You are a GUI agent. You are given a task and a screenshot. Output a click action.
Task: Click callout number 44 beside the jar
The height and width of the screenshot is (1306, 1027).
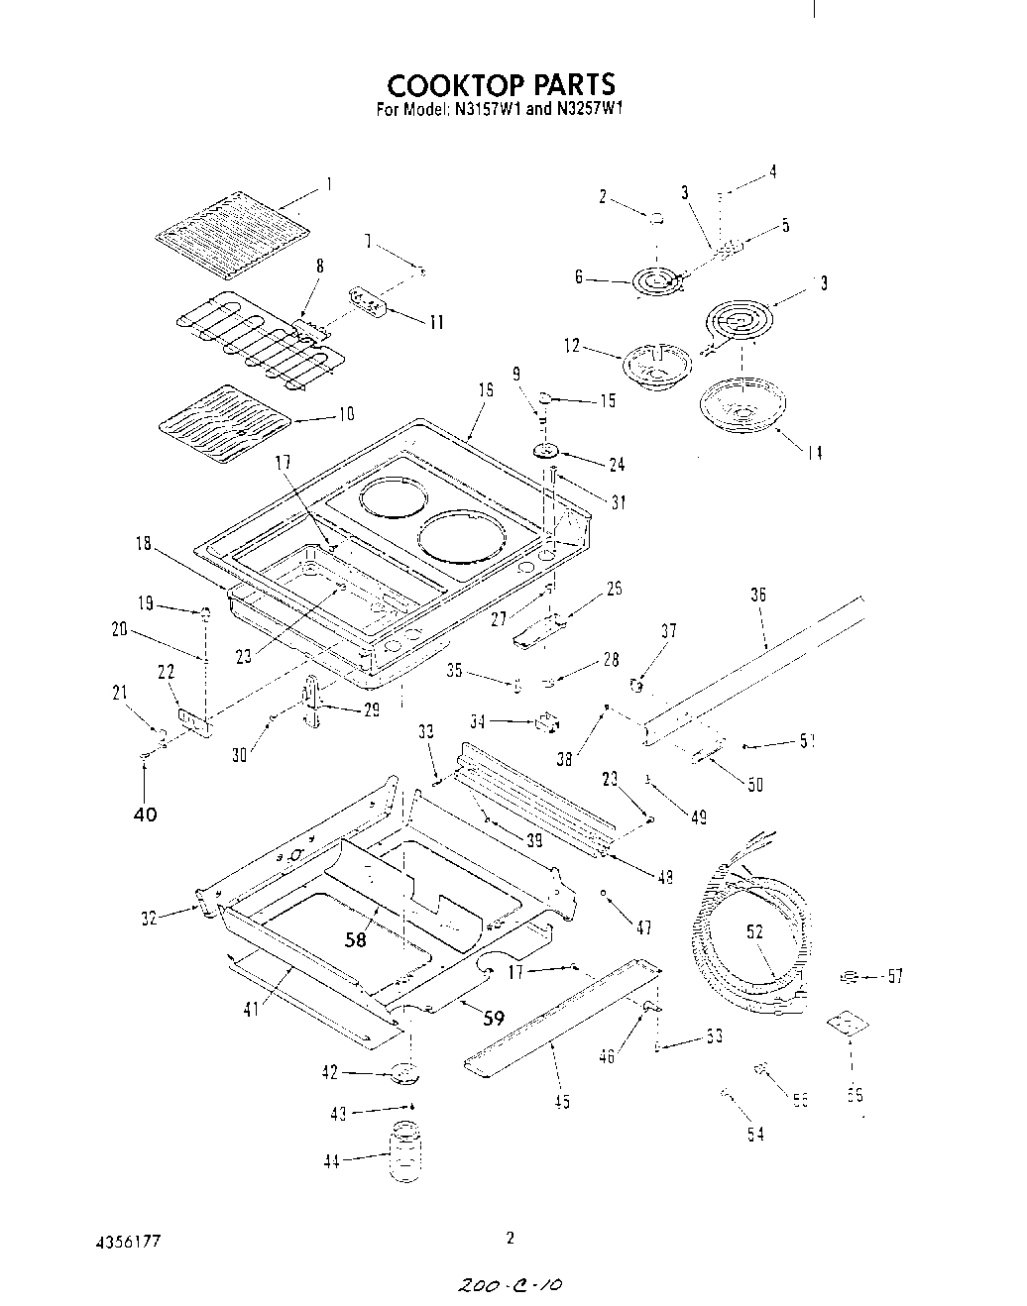pos(331,1162)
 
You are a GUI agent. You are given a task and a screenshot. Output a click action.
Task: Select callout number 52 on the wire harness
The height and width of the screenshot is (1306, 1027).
pos(754,930)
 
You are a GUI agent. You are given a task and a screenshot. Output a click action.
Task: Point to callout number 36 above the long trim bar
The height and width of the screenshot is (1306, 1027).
pos(758,596)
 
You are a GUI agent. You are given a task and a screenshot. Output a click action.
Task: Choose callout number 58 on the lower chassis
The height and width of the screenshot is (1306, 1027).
pos(355,939)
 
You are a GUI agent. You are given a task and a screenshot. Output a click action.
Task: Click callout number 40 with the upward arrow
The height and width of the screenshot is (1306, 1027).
pos(145,815)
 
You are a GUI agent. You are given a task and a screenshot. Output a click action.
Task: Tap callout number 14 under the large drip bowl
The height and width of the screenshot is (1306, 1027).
pos(813,454)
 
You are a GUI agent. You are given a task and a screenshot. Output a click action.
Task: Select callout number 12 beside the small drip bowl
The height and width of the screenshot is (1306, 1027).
pos(572,347)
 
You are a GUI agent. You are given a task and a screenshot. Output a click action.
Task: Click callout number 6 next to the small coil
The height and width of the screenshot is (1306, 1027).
pos(578,278)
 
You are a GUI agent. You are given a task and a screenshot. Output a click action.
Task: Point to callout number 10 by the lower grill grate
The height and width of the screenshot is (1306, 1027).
pos(346,414)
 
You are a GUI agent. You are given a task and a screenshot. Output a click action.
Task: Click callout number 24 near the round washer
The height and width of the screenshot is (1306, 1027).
pos(617,464)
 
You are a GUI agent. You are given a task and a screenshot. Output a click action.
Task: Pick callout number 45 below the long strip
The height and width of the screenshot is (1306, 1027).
pos(561,1102)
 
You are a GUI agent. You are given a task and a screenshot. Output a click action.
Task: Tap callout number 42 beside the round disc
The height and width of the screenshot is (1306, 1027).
pos(330,1072)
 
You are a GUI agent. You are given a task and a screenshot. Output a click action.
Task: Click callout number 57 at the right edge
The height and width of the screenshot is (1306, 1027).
pos(895,977)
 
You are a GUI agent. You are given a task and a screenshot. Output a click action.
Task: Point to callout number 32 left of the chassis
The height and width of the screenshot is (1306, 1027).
pos(150,919)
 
